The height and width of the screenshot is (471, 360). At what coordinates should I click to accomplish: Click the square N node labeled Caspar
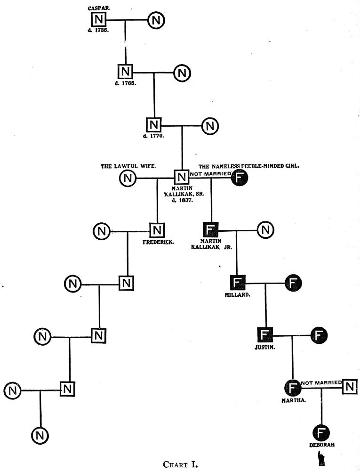tap(99, 20)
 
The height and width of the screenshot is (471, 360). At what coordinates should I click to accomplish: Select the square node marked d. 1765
tap(125, 72)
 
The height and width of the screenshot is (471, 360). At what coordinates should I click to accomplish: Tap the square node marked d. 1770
tap(153, 125)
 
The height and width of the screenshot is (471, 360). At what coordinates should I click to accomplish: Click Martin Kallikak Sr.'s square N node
tap(181, 178)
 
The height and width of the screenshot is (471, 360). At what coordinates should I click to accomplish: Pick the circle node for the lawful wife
tap(127, 178)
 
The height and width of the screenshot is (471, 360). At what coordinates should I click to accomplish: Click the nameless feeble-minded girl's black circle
tap(240, 178)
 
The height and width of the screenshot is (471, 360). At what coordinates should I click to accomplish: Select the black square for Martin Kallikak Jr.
tap(210, 230)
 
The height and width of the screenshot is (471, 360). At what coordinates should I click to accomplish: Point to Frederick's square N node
tap(157, 230)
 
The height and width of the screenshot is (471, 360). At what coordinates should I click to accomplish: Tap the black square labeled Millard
tap(238, 283)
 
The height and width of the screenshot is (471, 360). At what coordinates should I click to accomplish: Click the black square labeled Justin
tap(265, 335)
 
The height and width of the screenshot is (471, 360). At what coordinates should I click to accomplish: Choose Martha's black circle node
tap(293, 388)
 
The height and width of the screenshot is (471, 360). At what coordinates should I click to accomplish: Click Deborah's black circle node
tap(321, 432)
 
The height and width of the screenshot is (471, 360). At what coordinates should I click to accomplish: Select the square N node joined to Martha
tap(349, 387)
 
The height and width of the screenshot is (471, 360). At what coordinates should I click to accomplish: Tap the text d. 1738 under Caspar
tap(98, 31)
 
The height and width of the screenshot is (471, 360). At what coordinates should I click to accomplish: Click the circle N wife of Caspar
tap(156, 20)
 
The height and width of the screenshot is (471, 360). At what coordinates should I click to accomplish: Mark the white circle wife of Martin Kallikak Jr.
tap(265, 230)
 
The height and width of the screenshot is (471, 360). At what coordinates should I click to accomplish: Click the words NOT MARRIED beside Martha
tap(321, 383)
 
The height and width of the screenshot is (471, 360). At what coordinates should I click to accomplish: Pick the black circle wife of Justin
tap(320, 335)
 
